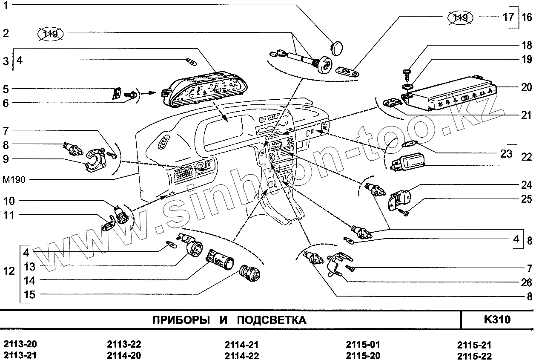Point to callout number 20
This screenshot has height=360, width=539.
(x=526, y=87)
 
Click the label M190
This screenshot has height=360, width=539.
(x=14, y=179)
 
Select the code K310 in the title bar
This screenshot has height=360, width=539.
(x=497, y=320)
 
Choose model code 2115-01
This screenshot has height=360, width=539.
(x=363, y=345)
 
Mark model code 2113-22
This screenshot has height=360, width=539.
(x=124, y=345)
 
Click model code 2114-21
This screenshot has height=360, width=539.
(x=241, y=345)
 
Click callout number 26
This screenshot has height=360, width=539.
(x=527, y=282)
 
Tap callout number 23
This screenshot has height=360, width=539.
(x=506, y=154)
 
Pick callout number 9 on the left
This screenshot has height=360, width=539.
(x=6, y=159)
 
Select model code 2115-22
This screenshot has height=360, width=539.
(x=474, y=356)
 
